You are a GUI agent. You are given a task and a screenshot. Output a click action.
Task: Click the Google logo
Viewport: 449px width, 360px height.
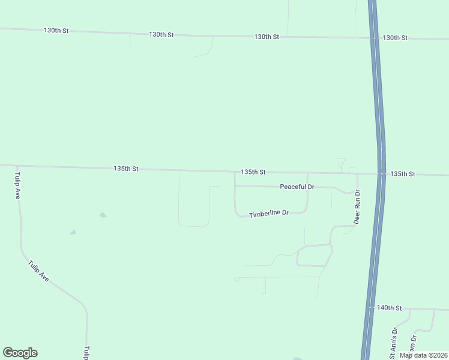pos(20,353)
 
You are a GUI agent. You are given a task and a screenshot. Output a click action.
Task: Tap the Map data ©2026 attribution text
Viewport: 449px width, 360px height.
pos(423,355)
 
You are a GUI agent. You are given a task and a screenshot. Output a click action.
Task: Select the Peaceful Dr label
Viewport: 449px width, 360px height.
pos(297,187)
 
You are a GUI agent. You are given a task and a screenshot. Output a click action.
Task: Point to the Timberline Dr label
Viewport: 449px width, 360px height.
pos(269,214)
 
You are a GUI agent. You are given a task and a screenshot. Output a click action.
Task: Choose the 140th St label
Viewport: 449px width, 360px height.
pos(388,308)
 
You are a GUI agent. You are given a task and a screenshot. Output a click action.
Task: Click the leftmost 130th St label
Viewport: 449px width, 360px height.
pos(56,30)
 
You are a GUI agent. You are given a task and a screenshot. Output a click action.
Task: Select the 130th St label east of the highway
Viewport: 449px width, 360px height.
pos(395,38)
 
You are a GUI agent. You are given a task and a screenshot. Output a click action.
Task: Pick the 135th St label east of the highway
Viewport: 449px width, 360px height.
pos(402,174)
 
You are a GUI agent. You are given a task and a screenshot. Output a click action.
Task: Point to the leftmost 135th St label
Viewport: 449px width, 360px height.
pos(126,169)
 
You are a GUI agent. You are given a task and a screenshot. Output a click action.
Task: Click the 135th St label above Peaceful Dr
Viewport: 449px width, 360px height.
pos(253,172)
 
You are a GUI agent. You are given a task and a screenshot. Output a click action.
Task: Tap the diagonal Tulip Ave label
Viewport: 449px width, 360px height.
pos(38,271)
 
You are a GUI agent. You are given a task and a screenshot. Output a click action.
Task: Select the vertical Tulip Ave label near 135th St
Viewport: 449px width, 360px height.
pos(17,186)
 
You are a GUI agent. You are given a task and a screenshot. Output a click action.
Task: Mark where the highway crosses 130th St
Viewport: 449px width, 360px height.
pos(374,38)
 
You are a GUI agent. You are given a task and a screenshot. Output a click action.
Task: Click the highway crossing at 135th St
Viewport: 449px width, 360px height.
pos(381,174)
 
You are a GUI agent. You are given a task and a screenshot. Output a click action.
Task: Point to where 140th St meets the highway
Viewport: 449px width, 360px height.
pos(370,308)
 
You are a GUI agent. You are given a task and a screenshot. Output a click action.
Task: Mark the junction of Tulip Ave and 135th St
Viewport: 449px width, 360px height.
pos(17,166)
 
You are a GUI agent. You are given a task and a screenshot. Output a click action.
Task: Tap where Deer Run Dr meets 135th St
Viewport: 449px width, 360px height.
pos(357,173)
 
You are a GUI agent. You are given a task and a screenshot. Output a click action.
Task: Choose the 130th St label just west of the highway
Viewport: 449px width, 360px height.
pos(267,37)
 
